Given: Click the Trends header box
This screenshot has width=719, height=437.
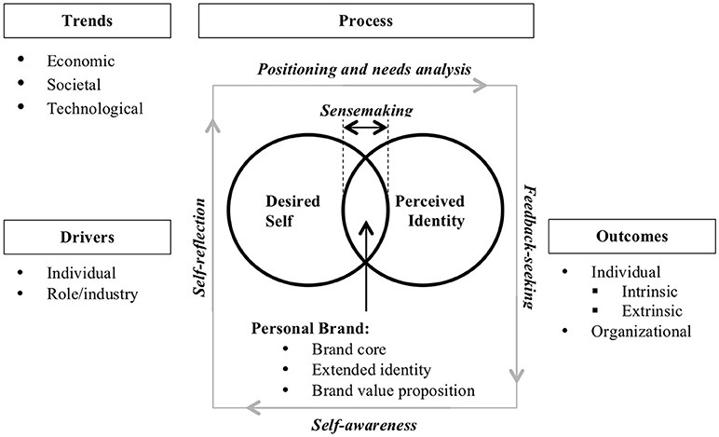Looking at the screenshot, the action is click(x=88, y=20).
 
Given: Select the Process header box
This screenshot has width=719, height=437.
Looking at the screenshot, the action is click(x=366, y=20).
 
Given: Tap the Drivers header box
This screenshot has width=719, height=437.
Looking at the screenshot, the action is click(x=88, y=237).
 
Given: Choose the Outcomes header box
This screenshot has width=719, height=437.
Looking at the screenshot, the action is click(x=631, y=236).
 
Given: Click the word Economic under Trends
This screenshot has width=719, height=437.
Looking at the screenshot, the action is click(x=81, y=61).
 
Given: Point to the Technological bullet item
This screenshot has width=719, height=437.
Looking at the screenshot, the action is click(x=95, y=109).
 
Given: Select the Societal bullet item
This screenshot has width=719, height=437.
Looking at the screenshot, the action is click(x=74, y=85).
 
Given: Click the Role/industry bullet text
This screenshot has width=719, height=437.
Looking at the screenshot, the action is click(x=92, y=294).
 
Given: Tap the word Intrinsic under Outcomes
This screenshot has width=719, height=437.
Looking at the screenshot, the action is click(x=649, y=292).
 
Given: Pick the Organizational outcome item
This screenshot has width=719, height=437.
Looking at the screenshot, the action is click(x=641, y=332).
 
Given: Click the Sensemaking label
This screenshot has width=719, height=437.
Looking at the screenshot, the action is click(x=366, y=111).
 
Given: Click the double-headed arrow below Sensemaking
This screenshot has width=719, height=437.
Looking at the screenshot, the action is click(x=366, y=128).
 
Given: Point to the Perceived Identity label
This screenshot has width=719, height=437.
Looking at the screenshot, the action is click(x=430, y=211).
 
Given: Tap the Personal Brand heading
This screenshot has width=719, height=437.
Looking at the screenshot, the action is click(x=310, y=329).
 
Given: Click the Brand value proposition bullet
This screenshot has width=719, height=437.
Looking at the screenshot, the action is click(x=393, y=390).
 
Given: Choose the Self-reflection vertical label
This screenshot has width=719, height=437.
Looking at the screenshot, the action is click(x=199, y=248).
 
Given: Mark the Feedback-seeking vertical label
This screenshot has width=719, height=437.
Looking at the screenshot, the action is click(x=529, y=247).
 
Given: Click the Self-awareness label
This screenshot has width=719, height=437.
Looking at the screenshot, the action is click(x=364, y=425).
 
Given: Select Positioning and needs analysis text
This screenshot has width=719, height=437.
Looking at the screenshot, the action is click(x=364, y=69).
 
